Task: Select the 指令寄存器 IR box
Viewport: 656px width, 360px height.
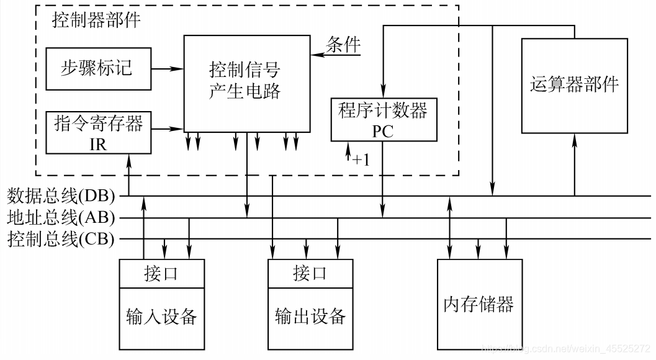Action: coord(98,132)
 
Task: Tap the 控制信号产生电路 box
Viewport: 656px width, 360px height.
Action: coord(246,83)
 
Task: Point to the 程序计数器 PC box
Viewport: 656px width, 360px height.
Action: coord(383,120)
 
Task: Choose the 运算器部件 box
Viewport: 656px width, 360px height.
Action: coord(574,85)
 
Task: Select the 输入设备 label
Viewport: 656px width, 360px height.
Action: coord(161,317)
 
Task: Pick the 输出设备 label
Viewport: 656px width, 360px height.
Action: coord(310,317)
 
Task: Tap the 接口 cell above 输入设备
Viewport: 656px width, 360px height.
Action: coord(161,274)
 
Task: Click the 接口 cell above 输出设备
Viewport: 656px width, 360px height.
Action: coord(310,274)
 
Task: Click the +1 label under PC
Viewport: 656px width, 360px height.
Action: coord(361,160)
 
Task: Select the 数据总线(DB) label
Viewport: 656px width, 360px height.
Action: coord(61,196)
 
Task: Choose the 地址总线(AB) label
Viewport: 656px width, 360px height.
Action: coord(61,218)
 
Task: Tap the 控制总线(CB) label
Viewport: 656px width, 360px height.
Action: coord(61,239)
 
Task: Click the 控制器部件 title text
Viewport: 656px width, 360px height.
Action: coord(96,20)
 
